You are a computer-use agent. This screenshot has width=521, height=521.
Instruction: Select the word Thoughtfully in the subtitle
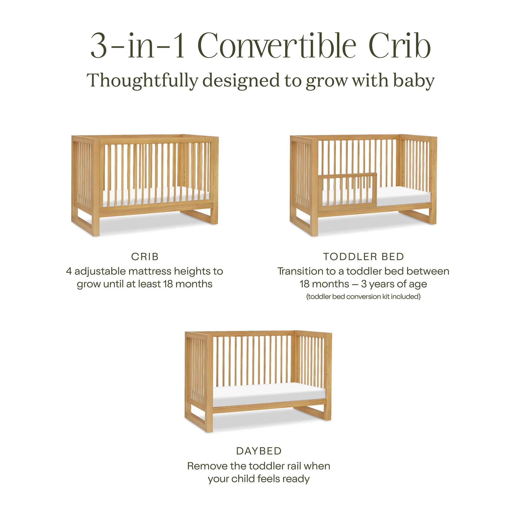pyautogui.click(x=142, y=81)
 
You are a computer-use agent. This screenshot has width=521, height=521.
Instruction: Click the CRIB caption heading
pyautogui.click(x=145, y=257)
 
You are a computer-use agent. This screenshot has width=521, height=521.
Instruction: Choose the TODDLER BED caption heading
pyautogui.click(x=364, y=257)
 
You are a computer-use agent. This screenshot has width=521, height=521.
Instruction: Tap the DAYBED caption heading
pyautogui.click(x=259, y=451)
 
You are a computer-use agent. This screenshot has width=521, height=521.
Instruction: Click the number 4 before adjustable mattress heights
pyautogui.click(x=69, y=271)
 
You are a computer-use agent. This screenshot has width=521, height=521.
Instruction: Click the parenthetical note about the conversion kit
pyautogui.click(x=364, y=297)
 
